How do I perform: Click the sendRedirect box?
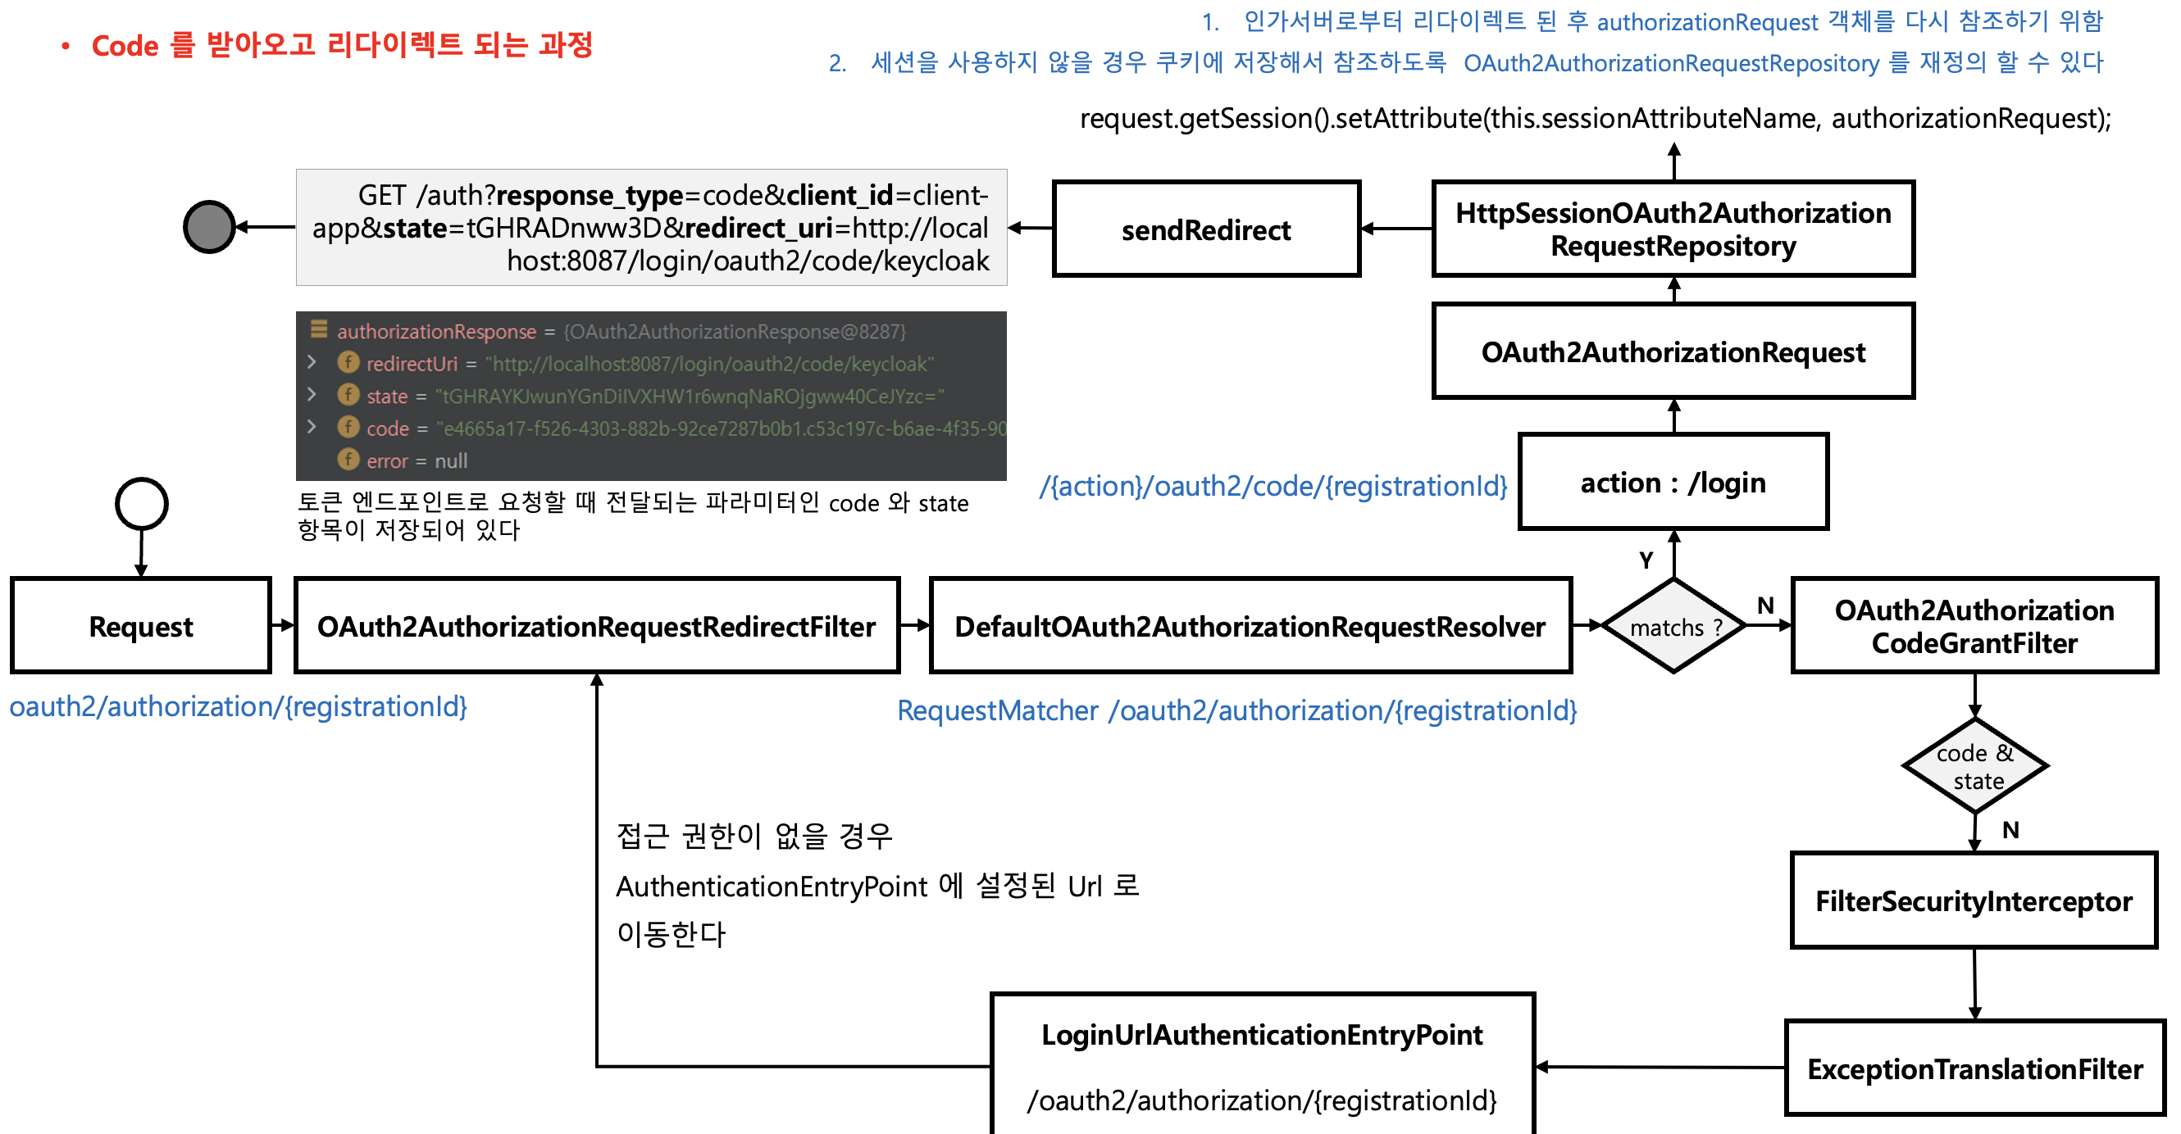tap(1205, 229)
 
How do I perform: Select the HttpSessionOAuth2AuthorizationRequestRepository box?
tap(1672, 229)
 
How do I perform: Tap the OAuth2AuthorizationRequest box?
tap(1672, 352)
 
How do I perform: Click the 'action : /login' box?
tap(1672, 483)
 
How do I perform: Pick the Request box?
tap(140, 626)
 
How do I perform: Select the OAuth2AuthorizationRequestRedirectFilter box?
tap(596, 626)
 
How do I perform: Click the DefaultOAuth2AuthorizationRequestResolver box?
tap(1250, 626)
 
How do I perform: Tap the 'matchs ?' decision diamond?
tap(1673, 626)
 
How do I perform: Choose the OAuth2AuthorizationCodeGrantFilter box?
tap(1974, 626)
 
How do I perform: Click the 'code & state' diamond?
tap(1974, 766)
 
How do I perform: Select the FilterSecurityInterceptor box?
tap(1974, 901)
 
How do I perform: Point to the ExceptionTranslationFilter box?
tap(1974, 1068)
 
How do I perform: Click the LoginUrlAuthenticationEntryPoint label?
tap(1262, 1035)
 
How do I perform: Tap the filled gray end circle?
tap(209, 227)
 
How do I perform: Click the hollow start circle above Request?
tap(141, 504)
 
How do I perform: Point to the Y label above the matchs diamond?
tap(1645, 560)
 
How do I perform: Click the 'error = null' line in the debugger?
tap(416, 461)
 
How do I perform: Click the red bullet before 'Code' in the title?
tap(66, 46)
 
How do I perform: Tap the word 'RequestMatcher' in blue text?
tap(996, 711)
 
